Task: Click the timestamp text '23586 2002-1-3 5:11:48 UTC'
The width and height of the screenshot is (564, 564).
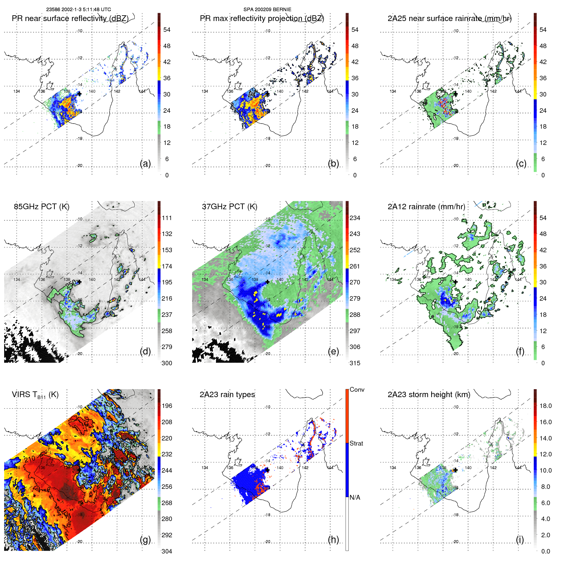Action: [78, 10]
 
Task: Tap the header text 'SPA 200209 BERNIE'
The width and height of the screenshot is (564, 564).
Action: [267, 10]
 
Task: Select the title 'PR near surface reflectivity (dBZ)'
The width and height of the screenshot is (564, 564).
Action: [70, 18]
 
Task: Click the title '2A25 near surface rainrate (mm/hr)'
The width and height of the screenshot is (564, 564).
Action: [449, 18]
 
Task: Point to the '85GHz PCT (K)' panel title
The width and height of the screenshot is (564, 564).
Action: [41, 207]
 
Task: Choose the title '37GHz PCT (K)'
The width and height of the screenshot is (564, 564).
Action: [229, 207]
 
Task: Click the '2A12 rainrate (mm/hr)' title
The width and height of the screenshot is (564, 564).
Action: [426, 207]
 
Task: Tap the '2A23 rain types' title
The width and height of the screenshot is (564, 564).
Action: [227, 395]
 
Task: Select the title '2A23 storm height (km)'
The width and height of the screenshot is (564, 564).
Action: [429, 395]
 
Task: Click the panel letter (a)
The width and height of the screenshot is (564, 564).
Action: [145, 164]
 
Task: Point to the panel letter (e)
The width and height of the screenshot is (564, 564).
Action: [333, 352]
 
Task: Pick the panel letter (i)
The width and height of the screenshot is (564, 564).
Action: [520, 539]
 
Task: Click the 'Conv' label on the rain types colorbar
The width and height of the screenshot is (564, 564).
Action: [357, 390]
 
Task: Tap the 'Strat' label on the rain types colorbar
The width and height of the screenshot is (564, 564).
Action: [356, 444]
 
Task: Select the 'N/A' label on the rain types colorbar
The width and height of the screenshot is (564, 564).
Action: [355, 497]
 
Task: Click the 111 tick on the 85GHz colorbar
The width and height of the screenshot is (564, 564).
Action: [167, 218]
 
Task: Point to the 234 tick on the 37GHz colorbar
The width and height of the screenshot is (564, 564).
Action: [355, 218]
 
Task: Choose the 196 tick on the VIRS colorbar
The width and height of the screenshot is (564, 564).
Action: [167, 406]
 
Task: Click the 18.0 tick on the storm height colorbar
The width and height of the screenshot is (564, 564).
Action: [545, 406]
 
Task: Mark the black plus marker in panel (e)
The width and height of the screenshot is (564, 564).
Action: [268, 282]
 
